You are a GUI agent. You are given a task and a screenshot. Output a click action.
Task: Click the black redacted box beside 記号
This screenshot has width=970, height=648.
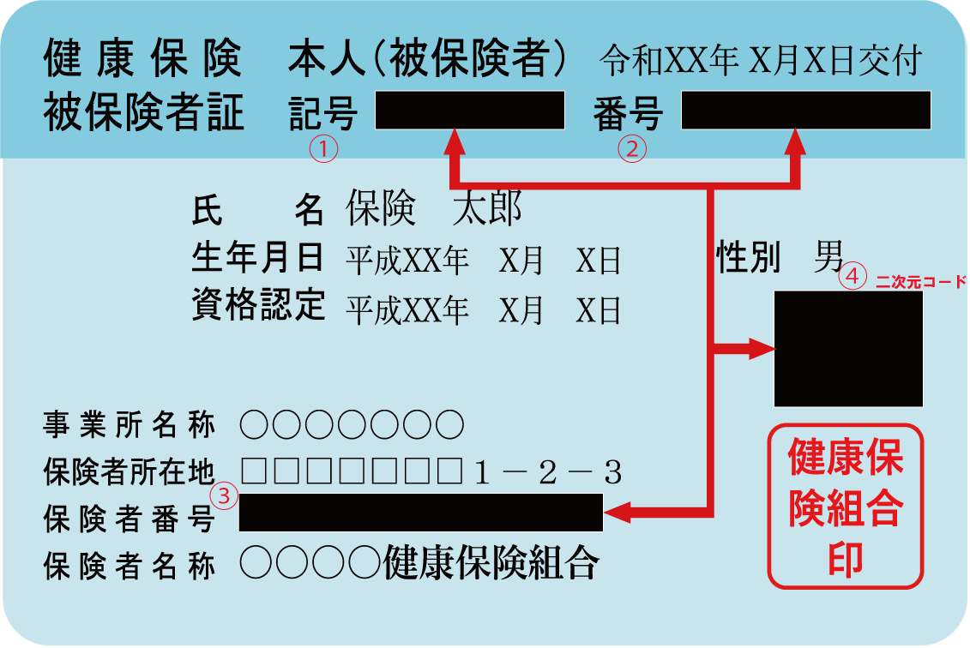click(x=469, y=111)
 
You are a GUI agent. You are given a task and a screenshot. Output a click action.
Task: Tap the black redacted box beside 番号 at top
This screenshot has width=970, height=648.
click(x=805, y=111)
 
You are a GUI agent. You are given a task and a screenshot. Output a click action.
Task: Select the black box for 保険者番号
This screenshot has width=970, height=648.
click(x=420, y=513)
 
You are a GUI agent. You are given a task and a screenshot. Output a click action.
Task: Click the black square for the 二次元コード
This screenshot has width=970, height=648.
click(x=847, y=349)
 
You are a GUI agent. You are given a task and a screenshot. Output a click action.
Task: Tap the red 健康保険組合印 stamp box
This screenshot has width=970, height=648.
click(x=845, y=506)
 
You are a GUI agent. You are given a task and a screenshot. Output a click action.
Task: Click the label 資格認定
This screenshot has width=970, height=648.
click(x=258, y=304)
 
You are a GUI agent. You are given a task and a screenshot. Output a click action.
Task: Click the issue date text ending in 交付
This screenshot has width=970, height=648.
click(x=761, y=62)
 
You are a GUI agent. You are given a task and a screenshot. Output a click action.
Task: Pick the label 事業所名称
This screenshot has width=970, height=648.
click(x=130, y=423)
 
